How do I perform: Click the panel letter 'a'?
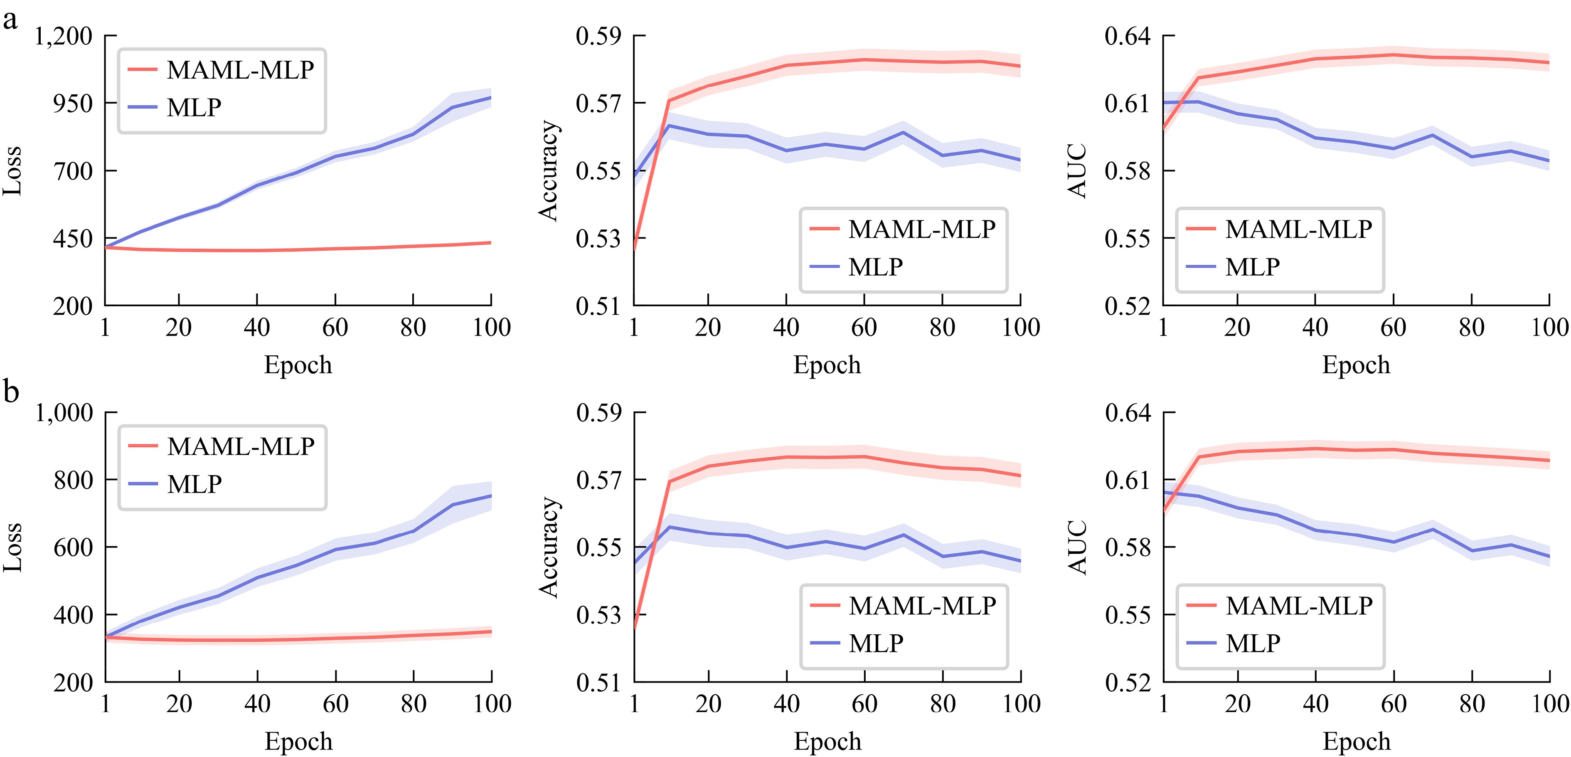[10, 20]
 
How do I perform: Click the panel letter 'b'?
[11, 391]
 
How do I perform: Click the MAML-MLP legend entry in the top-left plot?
[240, 70]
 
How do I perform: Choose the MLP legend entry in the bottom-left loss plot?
[194, 484]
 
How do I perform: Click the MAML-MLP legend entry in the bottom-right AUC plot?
[1298, 606]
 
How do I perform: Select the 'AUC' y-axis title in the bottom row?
[1078, 547]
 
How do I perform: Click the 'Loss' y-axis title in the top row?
[12, 171]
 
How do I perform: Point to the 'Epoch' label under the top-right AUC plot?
[1356, 365]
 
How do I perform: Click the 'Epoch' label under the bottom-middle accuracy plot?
[827, 741]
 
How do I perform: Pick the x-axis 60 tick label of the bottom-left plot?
[335, 705]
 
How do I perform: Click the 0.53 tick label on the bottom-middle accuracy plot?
[599, 615]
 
